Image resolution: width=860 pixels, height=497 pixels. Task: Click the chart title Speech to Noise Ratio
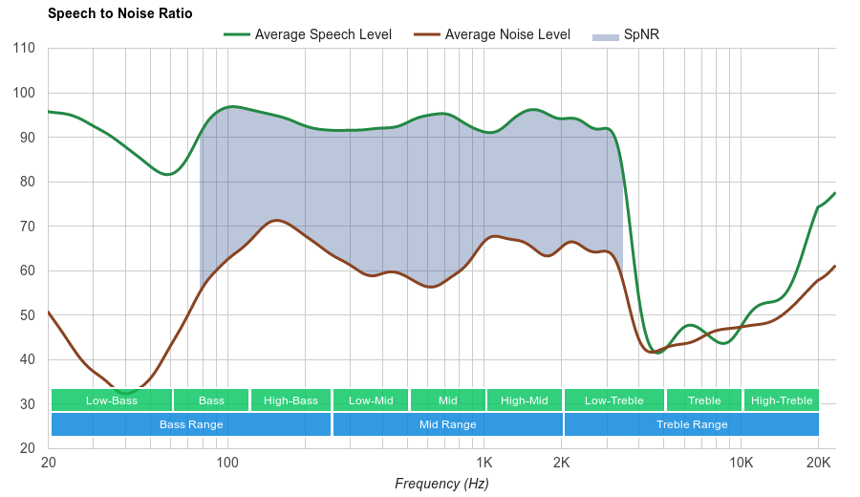(119, 13)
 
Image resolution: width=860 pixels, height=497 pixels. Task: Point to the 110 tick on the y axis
(24, 49)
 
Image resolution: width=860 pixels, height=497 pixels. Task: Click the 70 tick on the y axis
(27, 227)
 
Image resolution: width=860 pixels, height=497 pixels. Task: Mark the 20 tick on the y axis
(27, 448)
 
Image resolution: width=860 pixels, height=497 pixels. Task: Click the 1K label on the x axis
(484, 464)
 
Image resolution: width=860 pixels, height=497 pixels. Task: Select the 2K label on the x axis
(562, 464)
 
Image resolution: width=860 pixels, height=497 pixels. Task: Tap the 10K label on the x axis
(742, 464)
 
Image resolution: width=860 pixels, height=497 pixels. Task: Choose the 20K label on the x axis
(818, 464)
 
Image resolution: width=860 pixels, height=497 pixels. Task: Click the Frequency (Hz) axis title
(441, 484)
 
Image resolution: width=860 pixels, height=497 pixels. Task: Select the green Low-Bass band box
(112, 400)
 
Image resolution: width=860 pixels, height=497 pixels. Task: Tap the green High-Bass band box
(290, 400)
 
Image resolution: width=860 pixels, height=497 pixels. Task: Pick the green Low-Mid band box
(371, 400)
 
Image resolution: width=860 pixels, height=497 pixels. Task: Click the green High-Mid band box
(525, 400)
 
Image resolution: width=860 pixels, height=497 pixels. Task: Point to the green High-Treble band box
(782, 400)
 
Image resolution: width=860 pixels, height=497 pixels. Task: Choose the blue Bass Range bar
(191, 424)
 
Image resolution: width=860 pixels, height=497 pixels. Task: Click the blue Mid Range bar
(448, 424)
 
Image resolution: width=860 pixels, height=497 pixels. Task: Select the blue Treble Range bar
(692, 424)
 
